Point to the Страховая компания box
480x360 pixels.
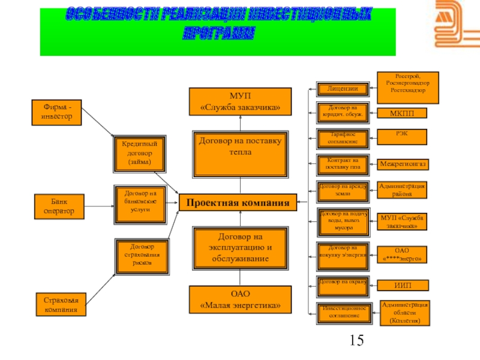click(60, 304)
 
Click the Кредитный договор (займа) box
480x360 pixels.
click(139, 153)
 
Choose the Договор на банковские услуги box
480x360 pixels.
click(139, 203)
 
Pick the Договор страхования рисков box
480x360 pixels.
click(139, 255)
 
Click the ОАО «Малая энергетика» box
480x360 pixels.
click(240, 299)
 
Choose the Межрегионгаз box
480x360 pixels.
click(403, 163)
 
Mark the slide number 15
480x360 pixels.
click(356, 341)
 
